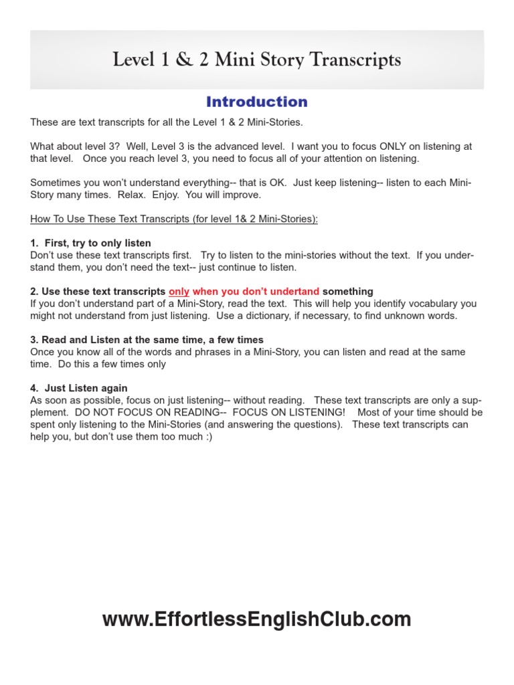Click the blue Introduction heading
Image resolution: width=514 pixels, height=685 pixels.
(257, 102)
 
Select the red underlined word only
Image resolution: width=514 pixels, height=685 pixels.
(179, 291)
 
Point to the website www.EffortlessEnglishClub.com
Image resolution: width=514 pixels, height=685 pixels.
(257, 619)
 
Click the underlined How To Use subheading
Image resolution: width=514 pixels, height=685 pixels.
(174, 219)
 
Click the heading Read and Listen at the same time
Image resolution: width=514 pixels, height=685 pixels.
(147, 340)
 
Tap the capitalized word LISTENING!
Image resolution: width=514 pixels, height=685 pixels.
(314, 412)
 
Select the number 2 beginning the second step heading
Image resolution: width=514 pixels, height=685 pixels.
(33, 291)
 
